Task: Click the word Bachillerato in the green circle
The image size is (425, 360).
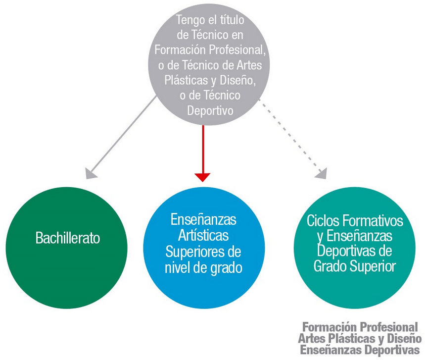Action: pyautogui.click(x=68, y=238)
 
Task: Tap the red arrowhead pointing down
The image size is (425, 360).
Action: pyautogui.click(x=203, y=177)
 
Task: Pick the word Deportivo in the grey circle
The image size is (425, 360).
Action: pyautogui.click(x=210, y=110)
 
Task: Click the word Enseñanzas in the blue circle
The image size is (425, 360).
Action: pyautogui.click(x=203, y=219)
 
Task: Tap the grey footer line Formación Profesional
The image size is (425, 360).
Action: pyautogui.click(x=360, y=327)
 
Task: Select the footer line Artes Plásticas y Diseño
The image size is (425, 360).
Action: pyautogui.click(x=360, y=339)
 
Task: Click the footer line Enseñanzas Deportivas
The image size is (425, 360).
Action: pyautogui.click(x=360, y=350)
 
